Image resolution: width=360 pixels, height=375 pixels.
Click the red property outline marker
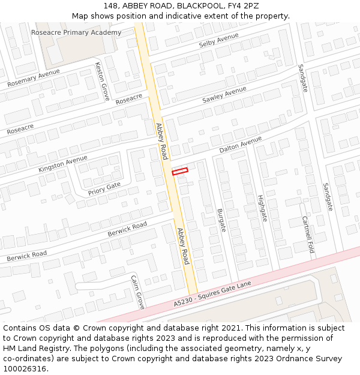(x=180, y=171)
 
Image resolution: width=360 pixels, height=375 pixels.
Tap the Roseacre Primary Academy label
(x=76, y=32)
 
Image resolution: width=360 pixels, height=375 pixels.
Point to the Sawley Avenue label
(x=224, y=94)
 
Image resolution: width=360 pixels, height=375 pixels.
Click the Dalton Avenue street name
(x=241, y=145)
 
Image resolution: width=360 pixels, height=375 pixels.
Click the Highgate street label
(x=261, y=208)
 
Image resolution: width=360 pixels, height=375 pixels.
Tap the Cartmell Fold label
(x=308, y=235)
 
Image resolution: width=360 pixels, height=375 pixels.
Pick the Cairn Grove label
(x=138, y=292)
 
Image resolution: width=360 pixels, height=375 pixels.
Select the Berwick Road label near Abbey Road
(x=127, y=229)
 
